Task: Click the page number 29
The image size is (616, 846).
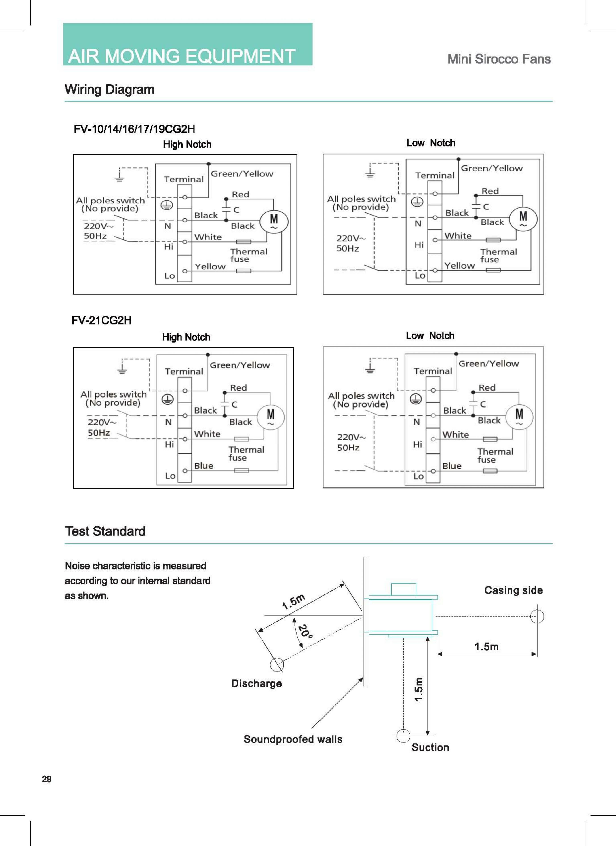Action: [x=47, y=779]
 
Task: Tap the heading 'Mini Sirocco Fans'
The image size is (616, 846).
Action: [x=499, y=59]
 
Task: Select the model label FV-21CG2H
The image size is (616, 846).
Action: [x=101, y=320]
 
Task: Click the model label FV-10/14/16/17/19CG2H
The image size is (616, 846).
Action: [x=134, y=129]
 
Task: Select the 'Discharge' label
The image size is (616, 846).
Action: [x=257, y=683]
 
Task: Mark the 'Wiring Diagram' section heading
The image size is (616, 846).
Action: [x=109, y=89]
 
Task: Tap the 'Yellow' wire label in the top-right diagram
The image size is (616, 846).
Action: [x=459, y=266]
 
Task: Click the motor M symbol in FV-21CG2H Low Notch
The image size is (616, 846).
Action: [x=519, y=416]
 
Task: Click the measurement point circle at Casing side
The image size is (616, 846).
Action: [x=537, y=616]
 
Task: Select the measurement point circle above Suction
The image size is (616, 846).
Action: [x=403, y=736]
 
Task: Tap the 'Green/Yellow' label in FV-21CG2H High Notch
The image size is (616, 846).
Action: [x=240, y=365]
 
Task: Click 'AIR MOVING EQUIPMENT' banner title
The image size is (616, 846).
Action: [x=181, y=56]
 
